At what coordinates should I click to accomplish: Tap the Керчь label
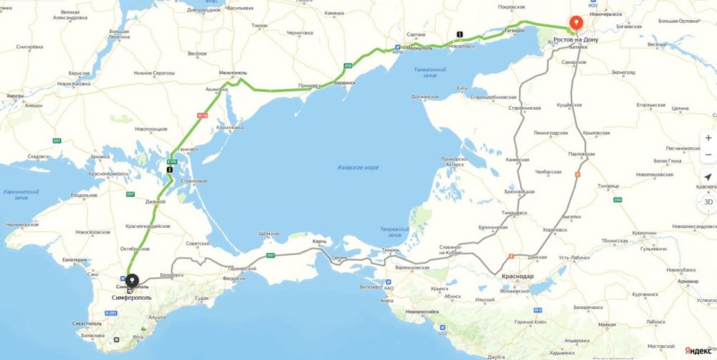[x=319, y=242]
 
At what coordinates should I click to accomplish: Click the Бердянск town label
[x=346, y=84]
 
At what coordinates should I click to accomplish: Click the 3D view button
[x=708, y=202]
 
